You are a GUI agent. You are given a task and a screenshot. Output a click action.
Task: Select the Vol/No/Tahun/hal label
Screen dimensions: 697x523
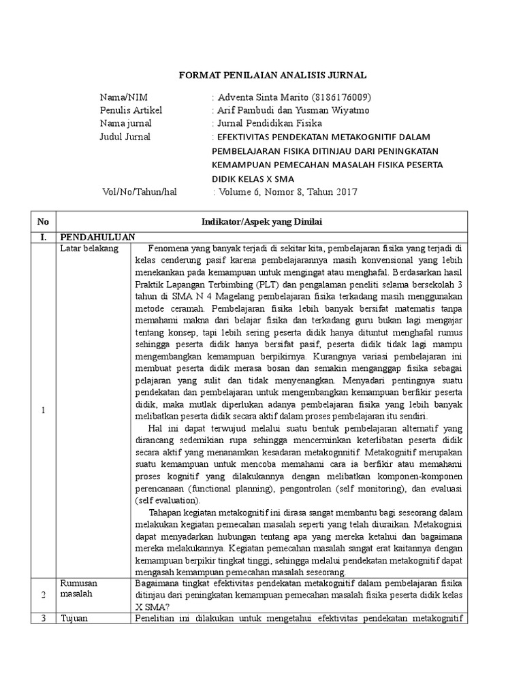tap(139, 192)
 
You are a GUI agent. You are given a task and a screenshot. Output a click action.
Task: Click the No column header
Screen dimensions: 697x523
tap(43, 222)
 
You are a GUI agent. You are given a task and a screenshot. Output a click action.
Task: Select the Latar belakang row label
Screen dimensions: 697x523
tap(89, 248)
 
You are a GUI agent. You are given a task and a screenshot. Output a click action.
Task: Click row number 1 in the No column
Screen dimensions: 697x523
tap(43, 410)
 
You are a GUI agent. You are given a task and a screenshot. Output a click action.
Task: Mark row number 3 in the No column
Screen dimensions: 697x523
tap(43, 619)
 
